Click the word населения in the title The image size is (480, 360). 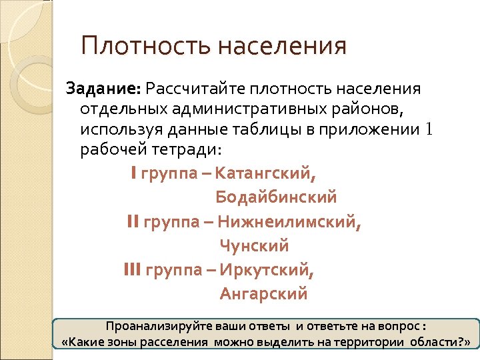(x=283, y=47)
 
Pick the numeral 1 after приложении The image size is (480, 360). (x=429, y=129)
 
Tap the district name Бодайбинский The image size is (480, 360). (x=276, y=198)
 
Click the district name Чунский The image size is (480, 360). (x=254, y=246)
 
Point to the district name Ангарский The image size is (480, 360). (x=263, y=293)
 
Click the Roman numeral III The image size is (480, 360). (x=132, y=270)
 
